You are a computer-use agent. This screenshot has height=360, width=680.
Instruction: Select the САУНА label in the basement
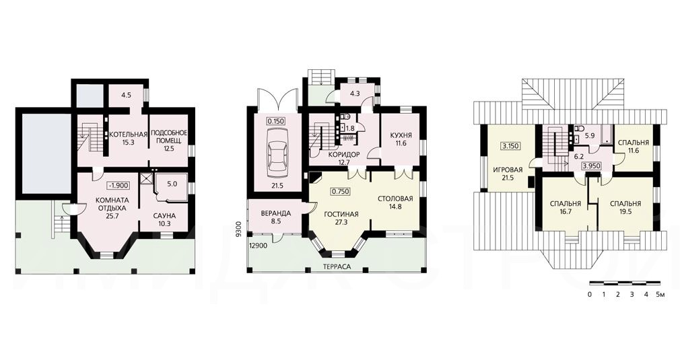164,216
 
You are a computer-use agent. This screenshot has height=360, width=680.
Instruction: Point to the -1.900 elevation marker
118,186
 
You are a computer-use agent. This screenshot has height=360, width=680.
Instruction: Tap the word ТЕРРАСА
337,267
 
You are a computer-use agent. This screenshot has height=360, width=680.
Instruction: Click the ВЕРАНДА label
275,213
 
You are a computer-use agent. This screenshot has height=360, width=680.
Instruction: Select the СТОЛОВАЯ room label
395,199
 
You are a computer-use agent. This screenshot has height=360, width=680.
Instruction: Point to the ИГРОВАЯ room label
508,170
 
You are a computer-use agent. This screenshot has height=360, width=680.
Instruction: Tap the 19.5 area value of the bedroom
625,212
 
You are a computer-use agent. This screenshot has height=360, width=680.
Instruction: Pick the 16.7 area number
565,212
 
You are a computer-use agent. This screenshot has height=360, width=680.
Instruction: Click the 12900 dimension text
258,246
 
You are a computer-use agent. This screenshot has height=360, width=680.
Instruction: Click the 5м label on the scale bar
660,295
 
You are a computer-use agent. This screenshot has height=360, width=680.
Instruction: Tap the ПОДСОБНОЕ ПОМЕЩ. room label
169,137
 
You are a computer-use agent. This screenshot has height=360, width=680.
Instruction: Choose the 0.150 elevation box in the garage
276,121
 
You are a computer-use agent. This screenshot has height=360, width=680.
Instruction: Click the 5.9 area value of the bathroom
590,135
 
